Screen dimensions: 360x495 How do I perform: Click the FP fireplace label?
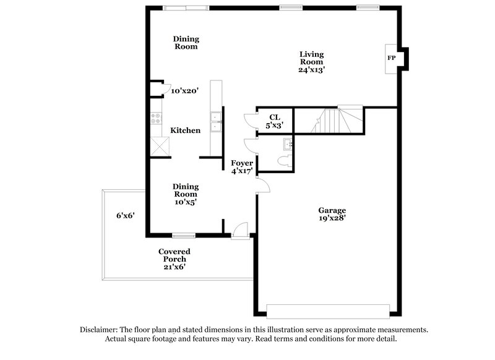(x=391, y=58)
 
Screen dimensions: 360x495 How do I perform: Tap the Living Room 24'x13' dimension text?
(x=312, y=70)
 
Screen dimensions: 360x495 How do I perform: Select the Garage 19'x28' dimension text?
(x=332, y=218)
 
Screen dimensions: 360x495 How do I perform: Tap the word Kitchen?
(x=185, y=131)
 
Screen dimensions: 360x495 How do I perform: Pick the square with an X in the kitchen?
(x=160, y=147)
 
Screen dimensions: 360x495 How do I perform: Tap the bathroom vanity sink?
(x=287, y=144)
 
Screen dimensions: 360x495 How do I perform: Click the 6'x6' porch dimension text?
(x=126, y=216)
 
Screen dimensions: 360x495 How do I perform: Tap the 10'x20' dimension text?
(x=184, y=91)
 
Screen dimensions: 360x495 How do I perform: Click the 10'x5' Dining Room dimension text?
(x=185, y=202)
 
